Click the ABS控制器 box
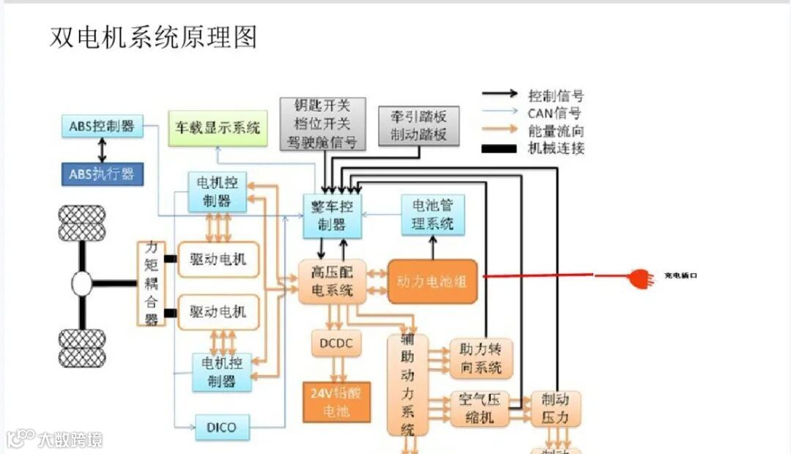point(101,126)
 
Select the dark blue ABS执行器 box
point(101,174)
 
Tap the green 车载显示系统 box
point(218,128)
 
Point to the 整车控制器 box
point(333,216)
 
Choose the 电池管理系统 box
point(432,215)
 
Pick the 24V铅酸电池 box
point(336,402)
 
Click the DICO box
point(221,426)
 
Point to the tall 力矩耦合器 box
point(152,283)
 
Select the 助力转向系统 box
point(480,358)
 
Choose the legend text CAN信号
point(554,113)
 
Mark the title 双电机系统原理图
point(153,37)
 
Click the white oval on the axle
point(82,283)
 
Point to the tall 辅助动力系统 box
point(408,384)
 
